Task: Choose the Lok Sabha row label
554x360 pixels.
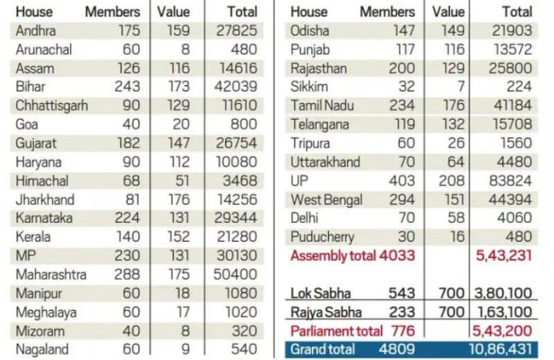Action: click(321, 293)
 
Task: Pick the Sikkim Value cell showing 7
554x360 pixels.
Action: click(458, 87)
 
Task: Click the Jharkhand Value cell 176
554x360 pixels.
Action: click(179, 199)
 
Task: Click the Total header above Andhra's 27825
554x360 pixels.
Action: click(242, 12)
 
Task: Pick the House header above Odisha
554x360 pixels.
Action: click(308, 12)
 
